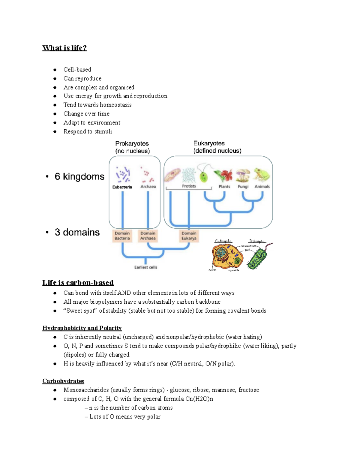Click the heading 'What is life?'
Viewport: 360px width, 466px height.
pyautogui.click(x=64, y=48)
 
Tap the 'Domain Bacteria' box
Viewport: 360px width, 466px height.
pyautogui.click(x=122, y=236)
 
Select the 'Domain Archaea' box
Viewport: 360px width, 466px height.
pyautogui.click(x=148, y=236)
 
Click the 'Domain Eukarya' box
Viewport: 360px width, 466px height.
pyautogui.click(x=189, y=236)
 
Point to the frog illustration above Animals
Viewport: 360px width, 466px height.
pyautogui.click(x=262, y=175)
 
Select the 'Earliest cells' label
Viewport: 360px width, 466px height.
pyautogui.click(x=145, y=267)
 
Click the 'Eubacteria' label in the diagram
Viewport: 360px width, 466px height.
pyautogui.click(x=122, y=187)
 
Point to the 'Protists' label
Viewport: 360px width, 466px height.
pyautogui.click(x=189, y=186)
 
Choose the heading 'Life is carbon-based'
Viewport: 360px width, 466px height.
pyautogui.click(x=78, y=283)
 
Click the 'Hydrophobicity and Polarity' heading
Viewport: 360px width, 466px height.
pyautogui.click(x=82, y=328)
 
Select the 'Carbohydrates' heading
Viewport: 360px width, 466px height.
pyautogui.click(x=63, y=381)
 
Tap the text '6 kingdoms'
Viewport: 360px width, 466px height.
pyautogui.click(x=79, y=176)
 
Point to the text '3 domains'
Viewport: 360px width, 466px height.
pyautogui.click(x=77, y=232)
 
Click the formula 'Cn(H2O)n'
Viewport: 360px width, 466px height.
pyautogui.click(x=199, y=399)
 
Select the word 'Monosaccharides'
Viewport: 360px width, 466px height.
pyautogui.click(x=86, y=390)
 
